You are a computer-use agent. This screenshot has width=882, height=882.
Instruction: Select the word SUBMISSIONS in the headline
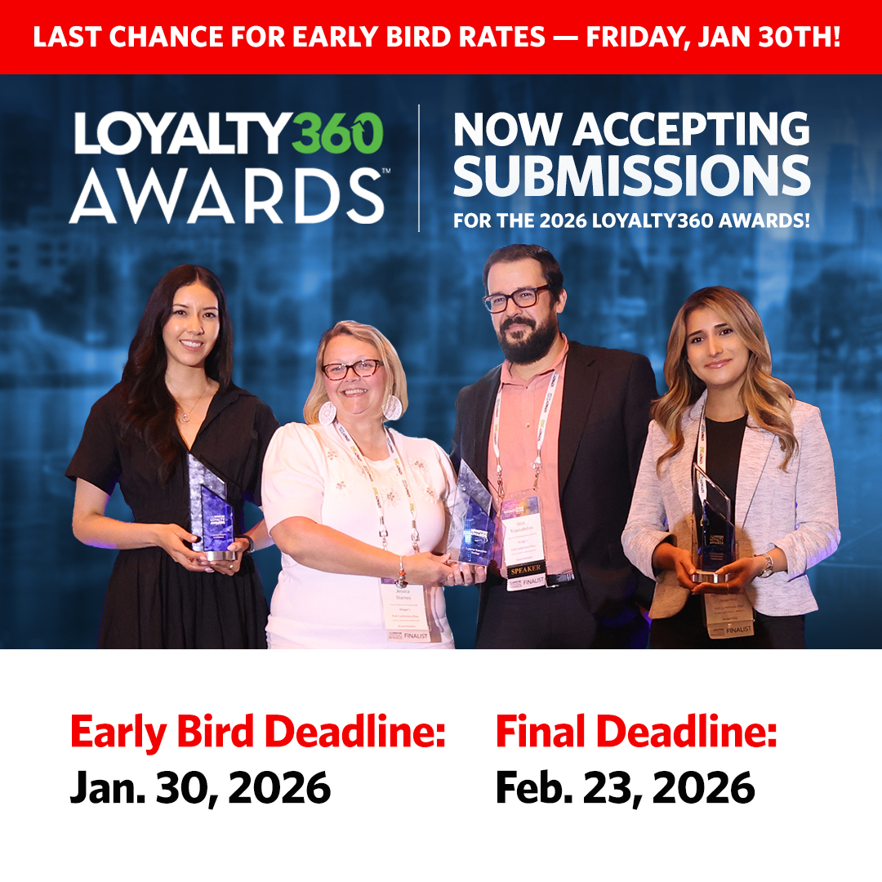click(x=632, y=176)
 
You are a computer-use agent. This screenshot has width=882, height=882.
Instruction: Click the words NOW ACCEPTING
click(x=632, y=129)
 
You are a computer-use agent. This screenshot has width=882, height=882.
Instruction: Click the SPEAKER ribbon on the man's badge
click(x=524, y=569)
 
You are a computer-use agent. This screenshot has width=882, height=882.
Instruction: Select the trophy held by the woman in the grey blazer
click(x=713, y=523)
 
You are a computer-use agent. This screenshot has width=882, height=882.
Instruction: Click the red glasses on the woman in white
click(x=352, y=369)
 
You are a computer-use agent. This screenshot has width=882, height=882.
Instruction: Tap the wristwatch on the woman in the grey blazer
click(x=766, y=565)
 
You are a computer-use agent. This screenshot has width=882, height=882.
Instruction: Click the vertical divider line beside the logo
click(x=419, y=167)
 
